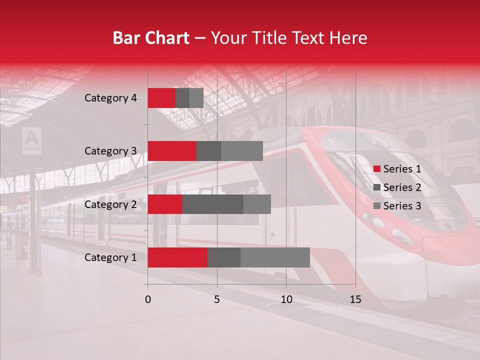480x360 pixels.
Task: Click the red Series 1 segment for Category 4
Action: tap(161, 98)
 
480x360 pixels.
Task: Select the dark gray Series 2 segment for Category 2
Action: tap(212, 204)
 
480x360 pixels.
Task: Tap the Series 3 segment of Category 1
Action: tap(275, 257)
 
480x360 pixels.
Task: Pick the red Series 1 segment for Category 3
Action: tap(172, 151)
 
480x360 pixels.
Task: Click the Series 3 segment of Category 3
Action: tap(242, 151)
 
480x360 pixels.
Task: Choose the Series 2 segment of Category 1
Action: tap(223, 257)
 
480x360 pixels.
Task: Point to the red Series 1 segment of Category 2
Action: tap(165, 204)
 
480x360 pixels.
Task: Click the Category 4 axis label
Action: tap(110, 98)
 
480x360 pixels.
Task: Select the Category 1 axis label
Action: tap(110, 257)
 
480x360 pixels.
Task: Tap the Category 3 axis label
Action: tap(110, 151)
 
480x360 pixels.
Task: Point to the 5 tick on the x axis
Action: tap(217, 299)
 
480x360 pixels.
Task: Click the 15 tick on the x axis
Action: tap(355, 299)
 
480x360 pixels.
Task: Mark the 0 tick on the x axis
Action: tap(148, 299)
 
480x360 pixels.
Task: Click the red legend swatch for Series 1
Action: tap(377, 169)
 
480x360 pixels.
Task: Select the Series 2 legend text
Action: tap(402, 187)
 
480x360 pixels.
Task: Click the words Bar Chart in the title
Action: tap(150, 38)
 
